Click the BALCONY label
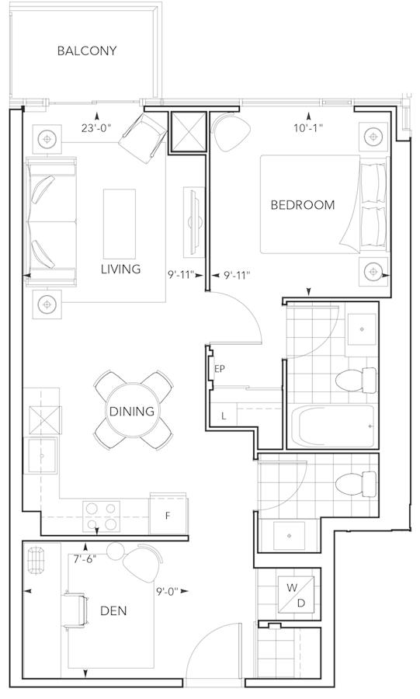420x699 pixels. pos(87,50)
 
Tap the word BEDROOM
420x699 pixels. pos(303,205)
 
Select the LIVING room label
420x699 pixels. pos(120,269)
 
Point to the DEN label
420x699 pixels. pos(113,610)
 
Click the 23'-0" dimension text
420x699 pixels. pos(95,128)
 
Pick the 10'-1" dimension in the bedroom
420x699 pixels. pos(307,128)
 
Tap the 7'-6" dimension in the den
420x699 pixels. pos(85,559)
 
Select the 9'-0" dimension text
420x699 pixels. pos(167,591)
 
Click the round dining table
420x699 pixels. pos(132,411)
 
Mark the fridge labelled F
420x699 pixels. pos(168,515)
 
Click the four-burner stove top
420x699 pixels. pos(101,516)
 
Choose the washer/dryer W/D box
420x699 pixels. pos(297,595)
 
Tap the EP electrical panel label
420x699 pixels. pos(219,369)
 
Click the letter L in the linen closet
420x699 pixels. pos(224,417)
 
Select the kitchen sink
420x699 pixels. pos(43,456)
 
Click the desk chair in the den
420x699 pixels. pos(77,610)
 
